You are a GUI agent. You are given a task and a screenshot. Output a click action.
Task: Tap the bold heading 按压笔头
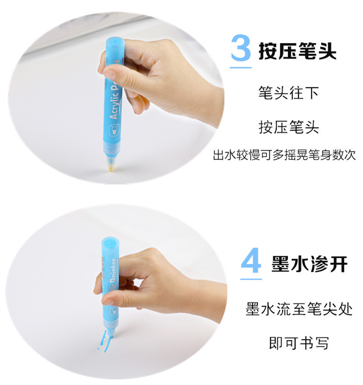(x=298, y=51)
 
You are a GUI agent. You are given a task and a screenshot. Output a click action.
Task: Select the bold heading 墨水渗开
(x=309, y=264)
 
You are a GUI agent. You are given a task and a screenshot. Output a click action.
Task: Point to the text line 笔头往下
(x=288, y=93)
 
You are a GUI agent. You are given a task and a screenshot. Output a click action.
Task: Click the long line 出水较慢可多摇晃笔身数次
(x=284, y=155)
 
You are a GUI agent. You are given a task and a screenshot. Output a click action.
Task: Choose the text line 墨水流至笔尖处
(x=299, y=309)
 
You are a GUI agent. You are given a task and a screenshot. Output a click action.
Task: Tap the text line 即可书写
(x=299, y=343)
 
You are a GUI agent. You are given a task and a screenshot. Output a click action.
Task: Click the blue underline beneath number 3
(x=241, y=67)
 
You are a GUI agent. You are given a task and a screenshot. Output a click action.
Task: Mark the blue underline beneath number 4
(x=251, y=279)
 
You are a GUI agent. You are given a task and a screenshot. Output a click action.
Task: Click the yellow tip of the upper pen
(x=111, y=167)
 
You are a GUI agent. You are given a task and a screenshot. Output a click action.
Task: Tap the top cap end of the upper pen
(x=115, y=41)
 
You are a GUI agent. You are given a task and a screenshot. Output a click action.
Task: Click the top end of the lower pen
(x=110, y=242)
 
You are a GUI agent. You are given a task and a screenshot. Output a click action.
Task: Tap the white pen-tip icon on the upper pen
(x=114, y=129)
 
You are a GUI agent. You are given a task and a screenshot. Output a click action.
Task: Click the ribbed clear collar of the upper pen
(x=112, y=149)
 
